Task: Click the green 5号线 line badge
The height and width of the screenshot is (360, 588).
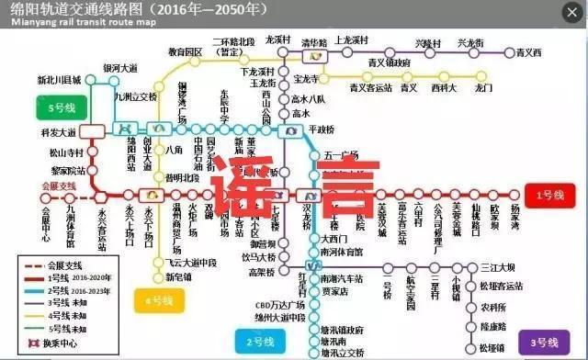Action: click(59, 107)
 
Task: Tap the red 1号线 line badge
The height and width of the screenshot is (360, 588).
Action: click(549, 193)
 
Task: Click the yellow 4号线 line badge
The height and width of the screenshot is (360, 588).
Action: click(157, 299)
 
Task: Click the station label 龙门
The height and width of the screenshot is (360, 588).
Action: click(484, 87)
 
